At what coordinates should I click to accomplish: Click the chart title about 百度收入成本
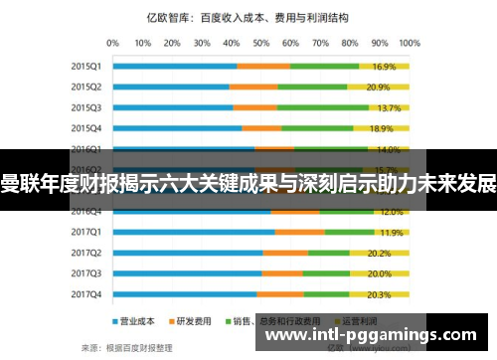261,18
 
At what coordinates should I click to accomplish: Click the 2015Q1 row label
84,66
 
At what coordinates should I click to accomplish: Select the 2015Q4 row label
84,128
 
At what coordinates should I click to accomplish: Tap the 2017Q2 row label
84,253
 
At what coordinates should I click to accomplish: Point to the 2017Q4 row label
84,294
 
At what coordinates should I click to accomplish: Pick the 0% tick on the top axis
112,44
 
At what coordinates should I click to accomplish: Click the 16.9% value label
385,66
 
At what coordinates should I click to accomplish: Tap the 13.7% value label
389,107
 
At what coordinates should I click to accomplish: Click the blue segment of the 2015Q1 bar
175,66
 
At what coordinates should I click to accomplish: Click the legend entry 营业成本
137,321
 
